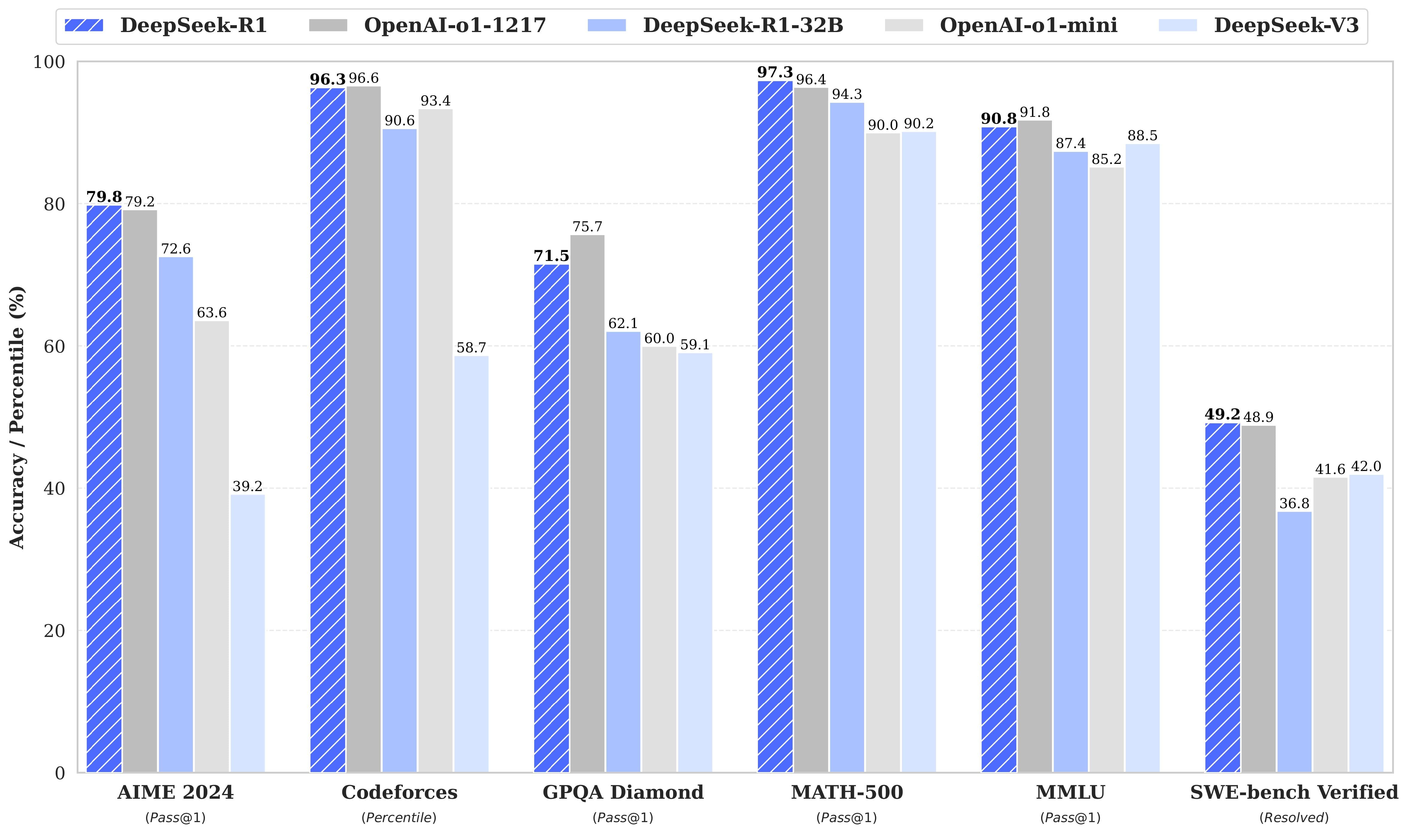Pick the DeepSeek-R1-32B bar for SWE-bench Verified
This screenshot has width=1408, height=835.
pyautogui.click(x=1295, y=641)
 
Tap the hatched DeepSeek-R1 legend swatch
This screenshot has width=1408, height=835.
pyautogui.click(x=84, y=25)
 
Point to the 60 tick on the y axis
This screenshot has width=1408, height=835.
pyautogui.click(x=54, y=347)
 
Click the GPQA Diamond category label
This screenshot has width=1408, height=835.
pyautogui.click(x=623, y=792)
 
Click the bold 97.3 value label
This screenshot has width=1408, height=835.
pyautogui.click(x=775, y=72)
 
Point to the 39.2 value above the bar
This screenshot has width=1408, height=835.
pyautogui.click(x=247, y=486)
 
